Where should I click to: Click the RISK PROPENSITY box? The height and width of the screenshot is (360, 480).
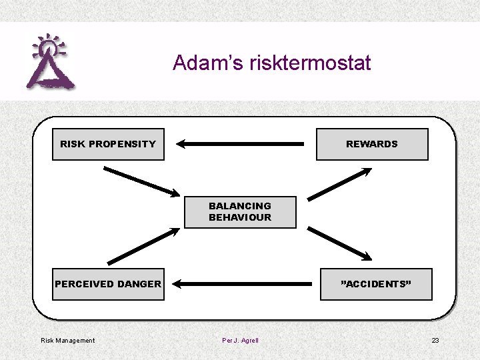[x=108, y=144]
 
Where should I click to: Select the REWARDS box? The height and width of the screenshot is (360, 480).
[x=371, y=144]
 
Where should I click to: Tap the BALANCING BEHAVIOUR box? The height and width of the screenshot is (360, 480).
[x=240, y=211]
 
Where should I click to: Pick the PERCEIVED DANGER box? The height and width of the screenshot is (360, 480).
[x=108, y=284]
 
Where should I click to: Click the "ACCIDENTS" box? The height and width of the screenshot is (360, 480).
[x=376, y=284]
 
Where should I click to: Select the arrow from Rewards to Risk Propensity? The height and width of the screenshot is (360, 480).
[x=240, y=143]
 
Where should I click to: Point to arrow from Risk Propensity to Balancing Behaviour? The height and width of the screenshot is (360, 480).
[x=141, y=180]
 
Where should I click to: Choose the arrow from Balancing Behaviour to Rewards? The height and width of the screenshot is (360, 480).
[x=339, y=184]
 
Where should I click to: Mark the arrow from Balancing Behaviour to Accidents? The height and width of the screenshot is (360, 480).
[x=339, y=243]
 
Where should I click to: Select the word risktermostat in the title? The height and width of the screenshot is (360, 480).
[x=310, y=63]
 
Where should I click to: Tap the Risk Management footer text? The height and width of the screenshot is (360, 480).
[x=68, y=341]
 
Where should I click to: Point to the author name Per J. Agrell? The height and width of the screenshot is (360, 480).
[x=240, y=341]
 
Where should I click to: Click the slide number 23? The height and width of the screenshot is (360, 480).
[x=435, y=341]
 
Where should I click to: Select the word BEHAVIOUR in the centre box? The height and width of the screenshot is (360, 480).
[x=240, y=217]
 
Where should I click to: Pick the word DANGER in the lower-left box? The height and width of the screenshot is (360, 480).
[x=139, y=284]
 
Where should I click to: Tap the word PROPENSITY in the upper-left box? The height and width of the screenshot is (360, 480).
[x=122, y=144]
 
